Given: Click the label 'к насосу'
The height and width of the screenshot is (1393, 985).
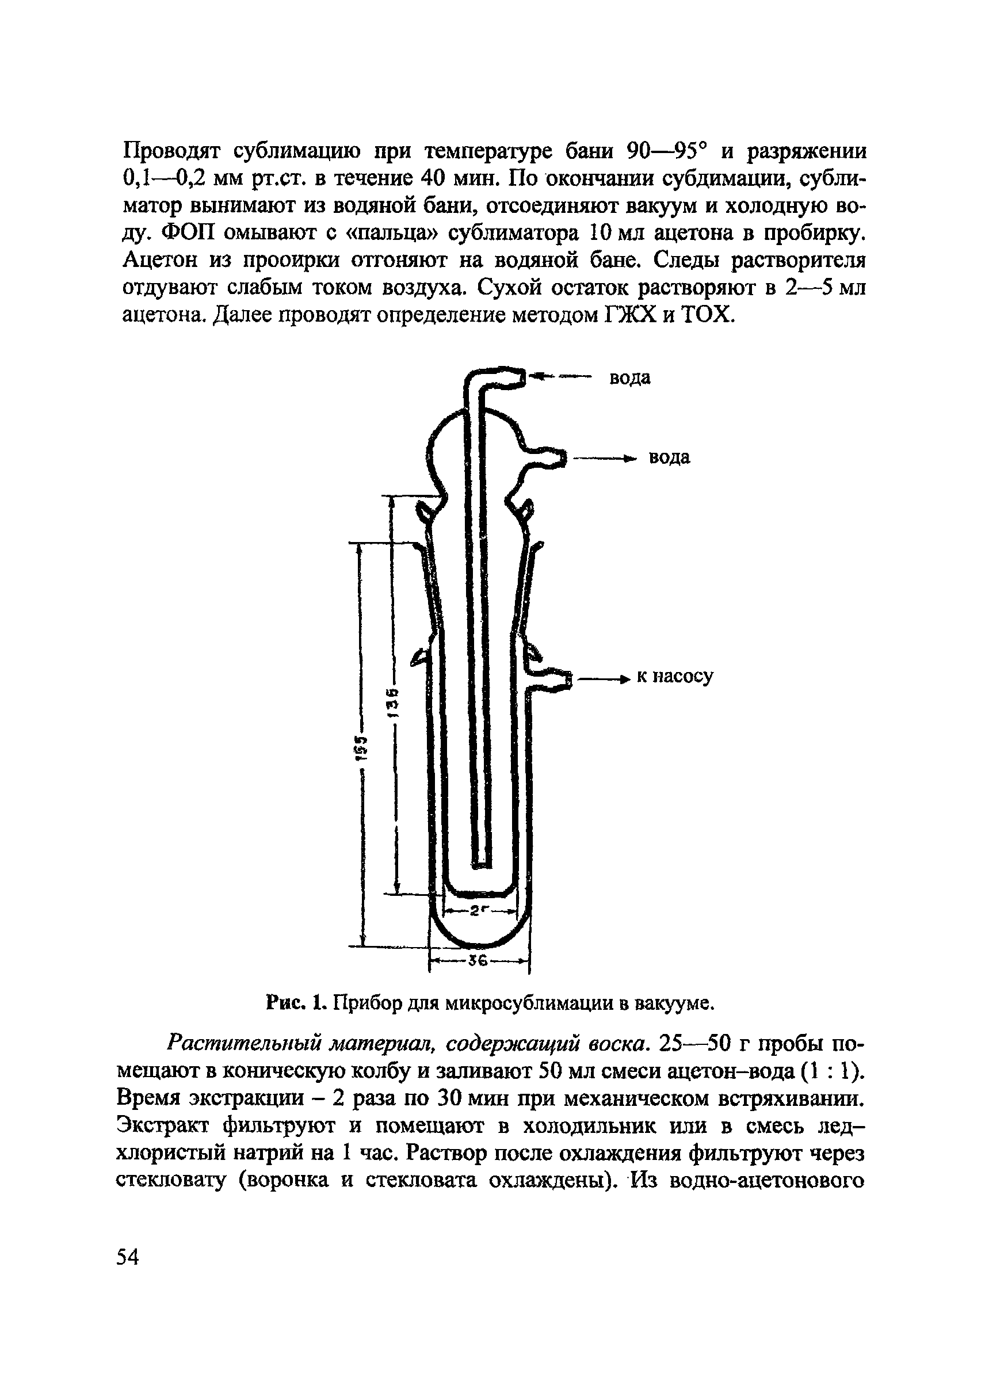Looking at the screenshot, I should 674,675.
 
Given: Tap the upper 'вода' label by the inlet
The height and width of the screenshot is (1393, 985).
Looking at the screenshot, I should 629,378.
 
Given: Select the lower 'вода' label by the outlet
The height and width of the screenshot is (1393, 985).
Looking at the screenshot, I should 669,457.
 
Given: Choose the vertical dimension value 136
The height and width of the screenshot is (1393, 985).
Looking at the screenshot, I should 394,703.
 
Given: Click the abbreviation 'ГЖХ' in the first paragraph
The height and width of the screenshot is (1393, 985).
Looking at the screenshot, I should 628,315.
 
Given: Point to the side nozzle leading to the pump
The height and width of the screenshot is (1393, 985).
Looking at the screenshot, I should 549,679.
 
